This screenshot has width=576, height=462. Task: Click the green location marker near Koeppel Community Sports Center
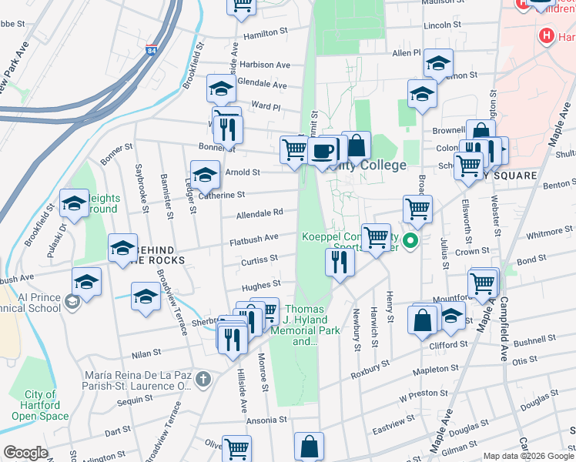point(411,242)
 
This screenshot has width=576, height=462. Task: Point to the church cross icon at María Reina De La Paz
point(203,378)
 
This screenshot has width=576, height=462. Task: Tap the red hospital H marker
point(547,35)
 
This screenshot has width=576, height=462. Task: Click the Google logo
point(25,453)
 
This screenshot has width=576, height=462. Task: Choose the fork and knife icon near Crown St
point(340,263)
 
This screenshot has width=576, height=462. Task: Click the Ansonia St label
point(266,421)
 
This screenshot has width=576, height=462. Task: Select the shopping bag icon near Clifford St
point(423,320)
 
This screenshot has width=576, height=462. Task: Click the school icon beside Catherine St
point(205,176)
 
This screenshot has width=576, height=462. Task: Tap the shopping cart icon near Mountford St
point(482,283)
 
